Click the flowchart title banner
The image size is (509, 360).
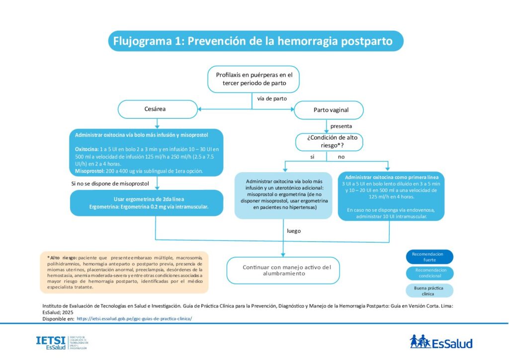[255, 41]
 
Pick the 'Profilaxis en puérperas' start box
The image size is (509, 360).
[254, 79]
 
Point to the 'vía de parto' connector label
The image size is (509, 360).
[272, 98]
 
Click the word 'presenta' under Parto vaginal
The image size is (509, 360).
[341, 126]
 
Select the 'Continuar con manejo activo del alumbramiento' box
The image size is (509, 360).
[283, 270]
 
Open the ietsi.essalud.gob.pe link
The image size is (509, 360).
[134, 318]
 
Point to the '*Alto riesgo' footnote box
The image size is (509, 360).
[124, 272]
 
